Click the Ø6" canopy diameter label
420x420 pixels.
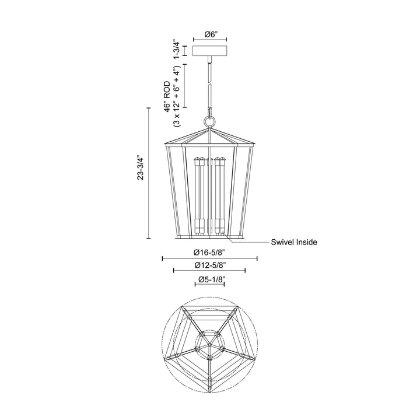point(209,34)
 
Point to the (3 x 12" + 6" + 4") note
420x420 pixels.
point(176,96)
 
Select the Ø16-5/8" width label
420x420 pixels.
point(209,253)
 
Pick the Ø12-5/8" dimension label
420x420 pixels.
point(209,265)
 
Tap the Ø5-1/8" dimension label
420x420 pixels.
point(209,279)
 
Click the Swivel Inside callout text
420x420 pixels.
point(293,242)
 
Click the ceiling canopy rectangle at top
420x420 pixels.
point(209,50)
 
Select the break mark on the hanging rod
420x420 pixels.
point(209,85)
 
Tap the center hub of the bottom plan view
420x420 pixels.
point(209,350)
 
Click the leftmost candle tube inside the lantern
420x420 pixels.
point(198,192)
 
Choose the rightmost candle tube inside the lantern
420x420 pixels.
point(222,192)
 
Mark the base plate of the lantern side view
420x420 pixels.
point(209,238)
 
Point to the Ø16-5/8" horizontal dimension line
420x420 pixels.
point(209,258)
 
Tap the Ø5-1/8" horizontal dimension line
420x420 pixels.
point(209,285)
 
